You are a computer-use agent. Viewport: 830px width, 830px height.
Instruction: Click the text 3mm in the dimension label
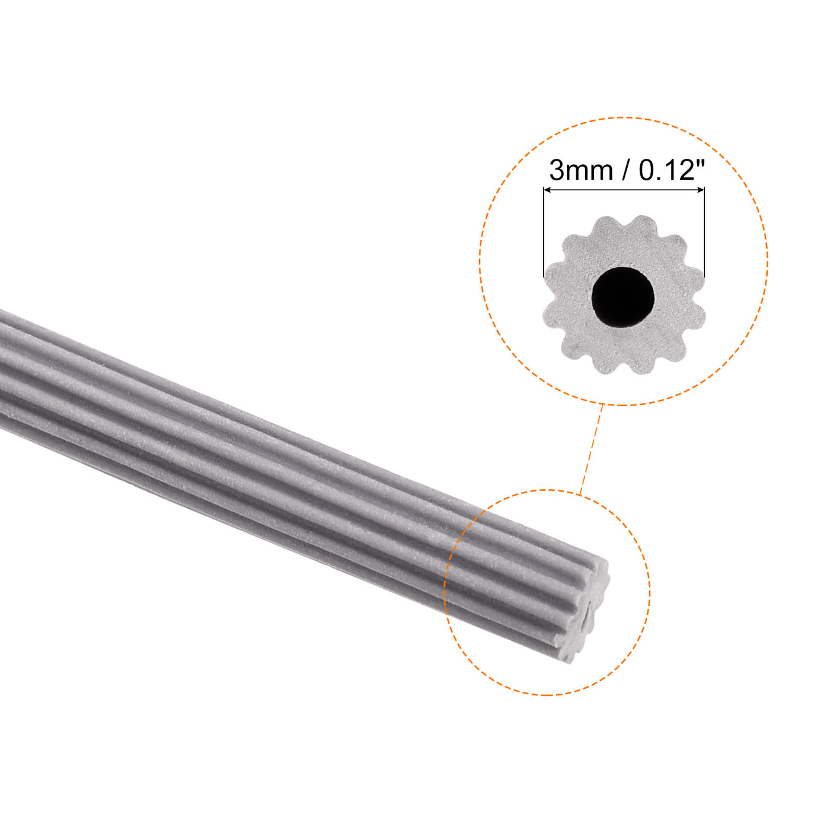[x=581, y=171]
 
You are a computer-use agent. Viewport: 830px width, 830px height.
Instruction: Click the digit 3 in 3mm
[x=557, y=171]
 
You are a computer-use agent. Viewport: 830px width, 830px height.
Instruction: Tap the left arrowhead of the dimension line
[x=547, y=190]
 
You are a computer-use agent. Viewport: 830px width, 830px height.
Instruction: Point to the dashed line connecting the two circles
[x=592, y=448]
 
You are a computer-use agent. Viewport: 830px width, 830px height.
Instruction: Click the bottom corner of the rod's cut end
[x=570, y=660]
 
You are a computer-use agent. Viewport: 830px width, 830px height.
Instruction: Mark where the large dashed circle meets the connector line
[x=603, y=405]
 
